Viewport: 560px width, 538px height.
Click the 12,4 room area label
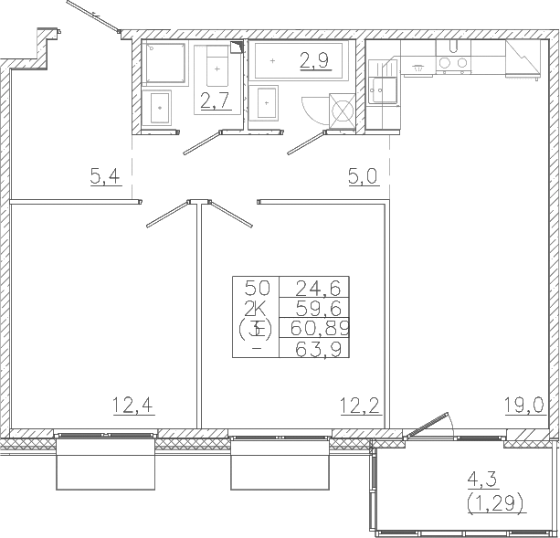click(x=133, y=406)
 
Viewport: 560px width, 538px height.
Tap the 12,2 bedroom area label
click(x=360, y=406)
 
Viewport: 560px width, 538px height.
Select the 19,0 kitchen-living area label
click(x=524, y=406)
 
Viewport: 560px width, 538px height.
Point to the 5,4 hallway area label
click(x=106, y=176)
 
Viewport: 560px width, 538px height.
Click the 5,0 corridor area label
click(x=364, y=176)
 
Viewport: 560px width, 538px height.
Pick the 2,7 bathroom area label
click(x=215, y=100)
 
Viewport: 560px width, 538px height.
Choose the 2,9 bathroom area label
click(x=314, y=60)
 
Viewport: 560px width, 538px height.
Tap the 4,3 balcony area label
click(x=483, y=480)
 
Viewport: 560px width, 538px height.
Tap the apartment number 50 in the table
click(x=257, y=288)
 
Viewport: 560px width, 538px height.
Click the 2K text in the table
click(x=256, y=308)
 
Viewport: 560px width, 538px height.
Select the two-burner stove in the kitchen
click(x=453, y=63)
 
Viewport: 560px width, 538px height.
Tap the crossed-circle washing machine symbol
click(x=343, y=111)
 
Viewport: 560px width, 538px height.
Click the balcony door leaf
click(x=427, y=425)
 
